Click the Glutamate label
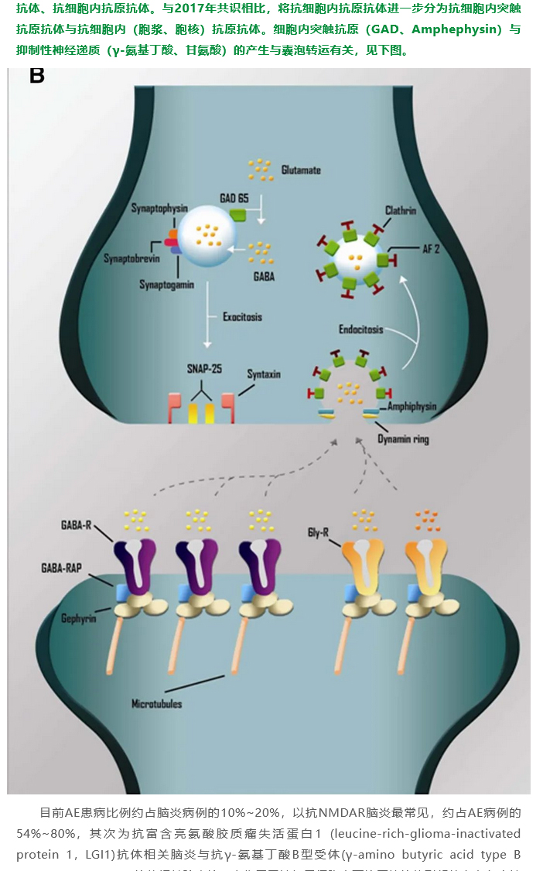(301, 170)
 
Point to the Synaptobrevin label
(132, 258)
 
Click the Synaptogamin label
(166, 285)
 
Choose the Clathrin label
(401, 210)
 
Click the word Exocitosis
(241, 317)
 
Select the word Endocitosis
(361, 330)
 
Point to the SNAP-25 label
(204, 369)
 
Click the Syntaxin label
(264, 374)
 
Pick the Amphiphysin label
(412, 406)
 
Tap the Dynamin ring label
(403, 439)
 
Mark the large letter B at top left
(36, 76)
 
